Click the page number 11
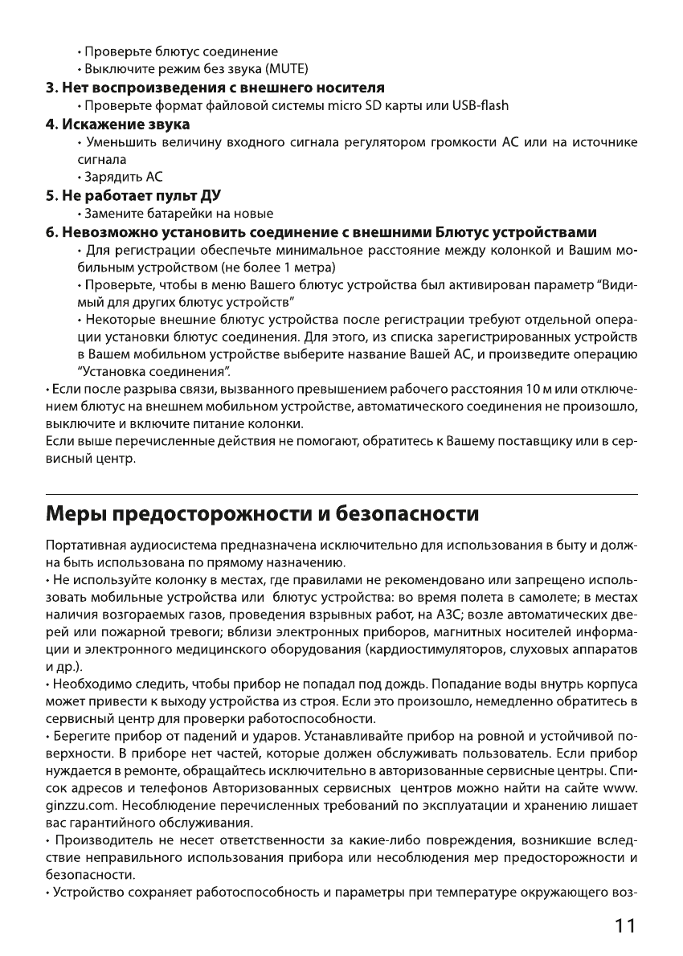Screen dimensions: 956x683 622,925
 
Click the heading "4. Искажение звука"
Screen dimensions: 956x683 117,125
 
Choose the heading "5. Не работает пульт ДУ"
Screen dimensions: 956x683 133,195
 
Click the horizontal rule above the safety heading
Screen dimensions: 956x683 341,493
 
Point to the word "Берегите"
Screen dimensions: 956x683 80,735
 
